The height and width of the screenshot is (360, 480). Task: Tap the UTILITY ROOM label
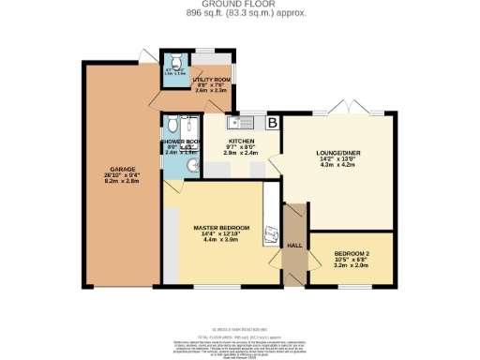tap(212, 81)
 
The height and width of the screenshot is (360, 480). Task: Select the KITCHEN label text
tap(242, 140)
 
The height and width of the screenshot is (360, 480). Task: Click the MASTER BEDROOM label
tap(221, 228)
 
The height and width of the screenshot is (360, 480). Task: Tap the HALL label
tap(293, 245)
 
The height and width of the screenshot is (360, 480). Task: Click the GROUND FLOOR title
tap(240, 5)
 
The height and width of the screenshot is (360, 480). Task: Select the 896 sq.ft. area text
tap(240, 13)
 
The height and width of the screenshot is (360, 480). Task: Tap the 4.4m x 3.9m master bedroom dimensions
tap(221, 241)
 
